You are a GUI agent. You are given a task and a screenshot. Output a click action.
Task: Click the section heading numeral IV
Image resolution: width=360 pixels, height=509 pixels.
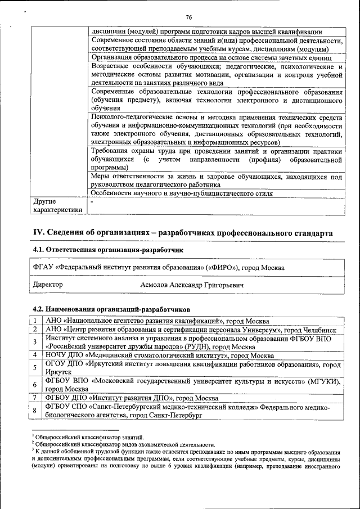38,233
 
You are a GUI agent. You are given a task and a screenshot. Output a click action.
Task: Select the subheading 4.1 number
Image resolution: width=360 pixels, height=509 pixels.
39,250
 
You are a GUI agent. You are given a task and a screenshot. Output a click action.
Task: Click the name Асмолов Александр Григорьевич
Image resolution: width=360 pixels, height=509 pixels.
192,285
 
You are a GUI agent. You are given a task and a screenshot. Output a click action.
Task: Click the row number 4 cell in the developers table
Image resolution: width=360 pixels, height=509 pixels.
35,355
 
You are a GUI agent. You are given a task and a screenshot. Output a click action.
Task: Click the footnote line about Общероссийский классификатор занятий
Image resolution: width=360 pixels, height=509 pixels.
89,437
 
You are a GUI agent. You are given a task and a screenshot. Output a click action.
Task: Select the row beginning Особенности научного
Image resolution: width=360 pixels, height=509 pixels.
182,193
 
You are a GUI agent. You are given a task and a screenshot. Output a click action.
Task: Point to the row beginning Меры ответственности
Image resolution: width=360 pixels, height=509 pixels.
216,180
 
